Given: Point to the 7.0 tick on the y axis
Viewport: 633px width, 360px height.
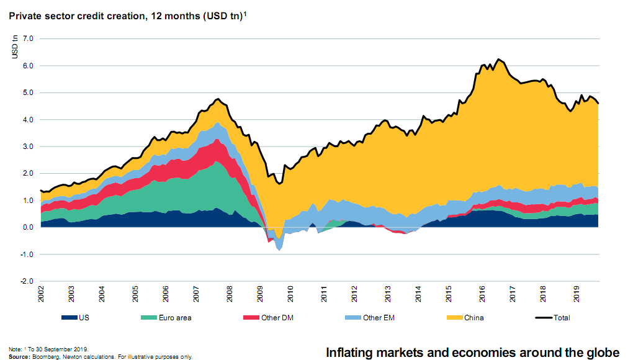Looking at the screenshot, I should tap(28, 38).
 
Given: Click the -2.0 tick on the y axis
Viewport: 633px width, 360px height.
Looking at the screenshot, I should tap(27, 281).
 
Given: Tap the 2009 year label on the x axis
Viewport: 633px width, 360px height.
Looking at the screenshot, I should tap(260, 294).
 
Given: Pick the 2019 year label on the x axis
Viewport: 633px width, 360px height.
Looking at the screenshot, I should tap(577, 294).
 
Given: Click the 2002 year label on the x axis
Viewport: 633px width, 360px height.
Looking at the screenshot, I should tap(41, 294).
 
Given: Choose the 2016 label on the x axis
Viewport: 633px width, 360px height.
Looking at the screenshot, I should tap(482, 294).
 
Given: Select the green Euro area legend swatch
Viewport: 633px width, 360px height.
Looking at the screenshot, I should tap(150, 318).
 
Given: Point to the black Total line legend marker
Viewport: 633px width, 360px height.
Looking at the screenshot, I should tap(544, 318).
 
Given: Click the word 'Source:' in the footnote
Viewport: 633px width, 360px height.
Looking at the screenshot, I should tap(20, 357).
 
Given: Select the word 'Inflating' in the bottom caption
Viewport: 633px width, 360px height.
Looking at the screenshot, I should tap(349, 353).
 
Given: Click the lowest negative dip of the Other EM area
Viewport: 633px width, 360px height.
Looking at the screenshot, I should tap(280, 250).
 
